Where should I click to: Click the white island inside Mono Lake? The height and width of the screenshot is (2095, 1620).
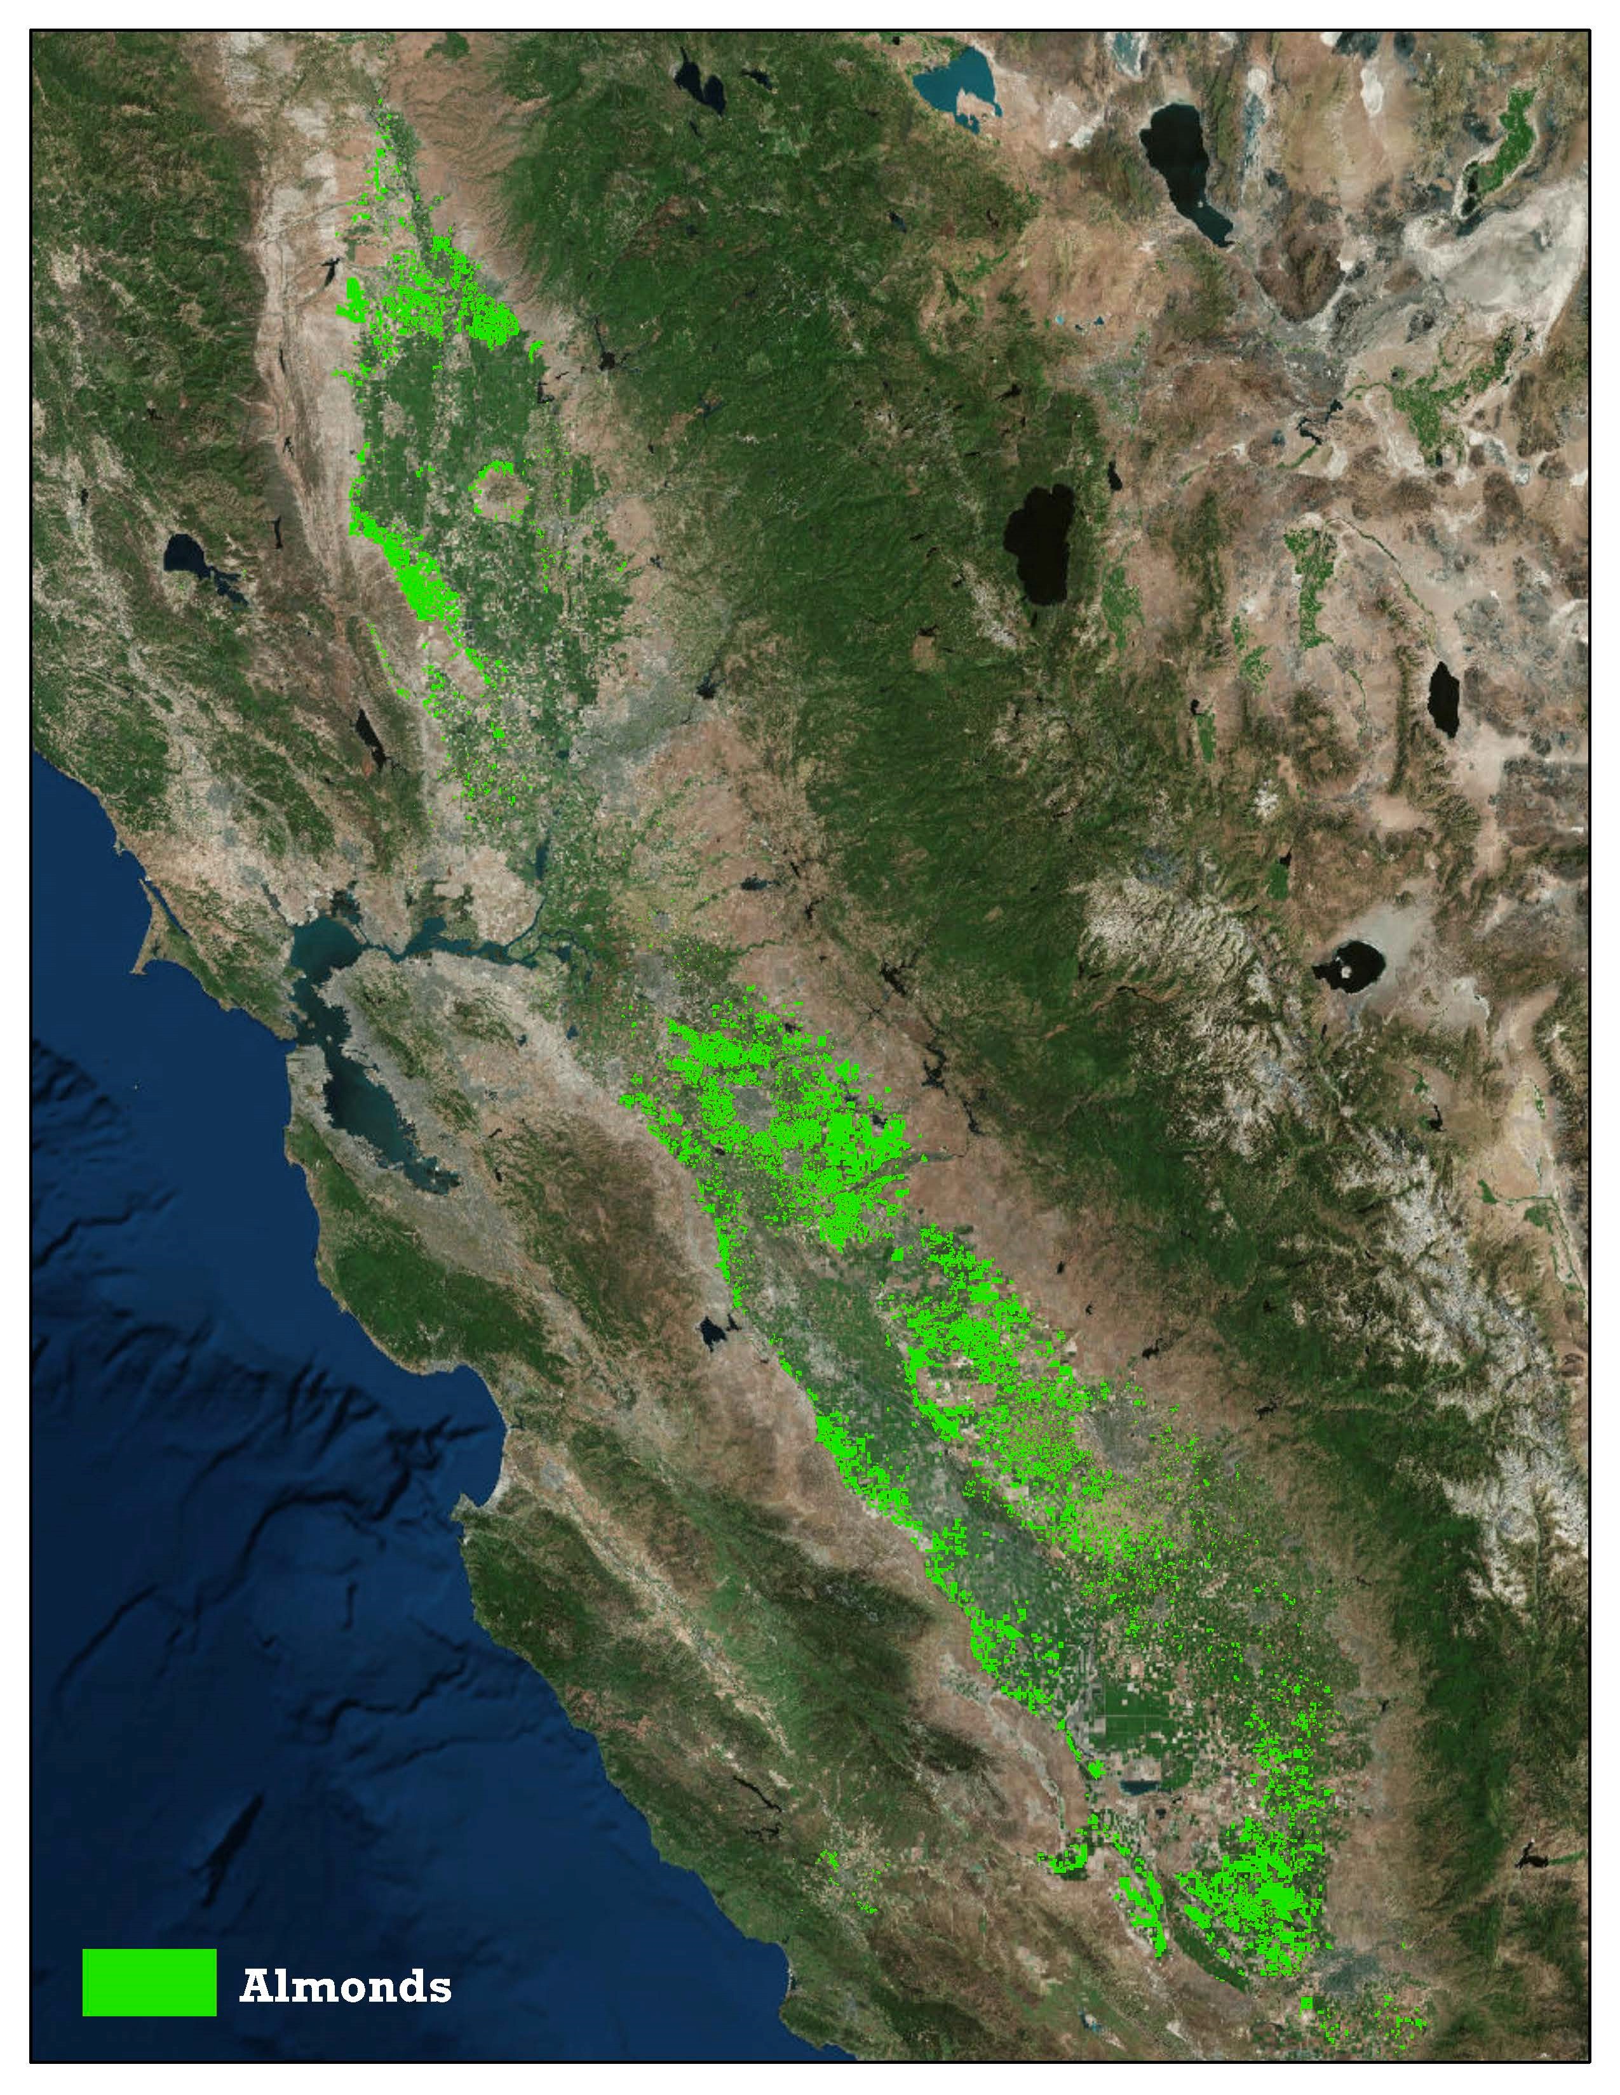1353,972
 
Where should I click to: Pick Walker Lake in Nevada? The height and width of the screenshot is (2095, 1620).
1443,697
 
